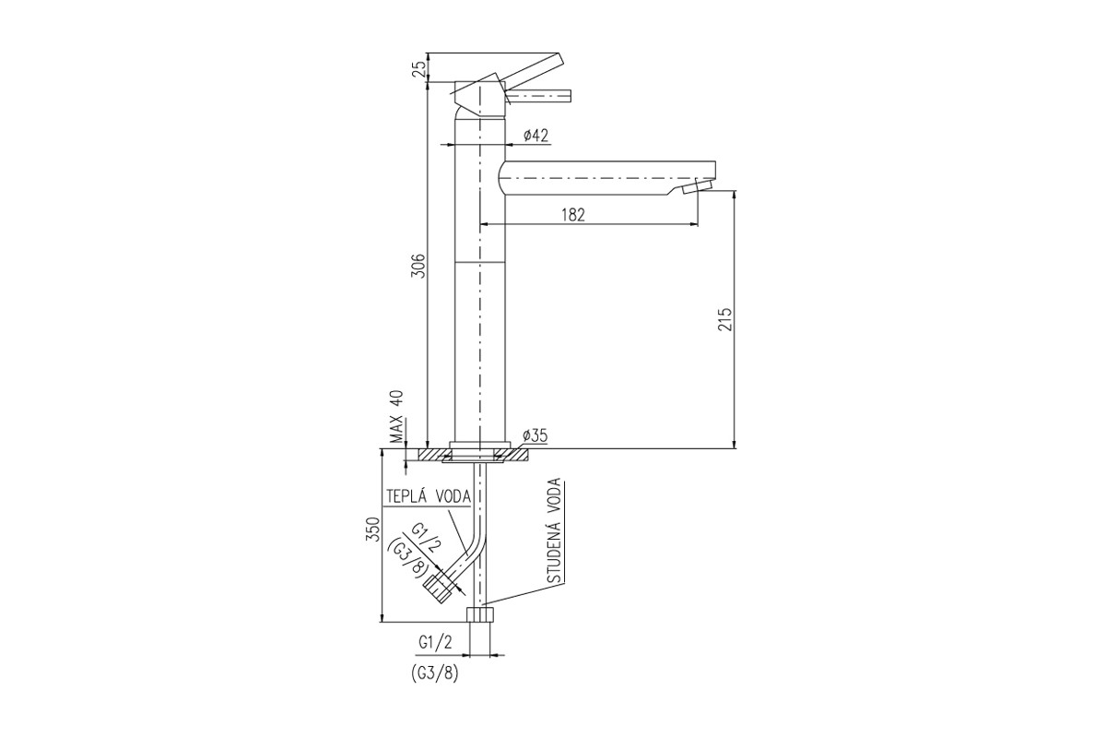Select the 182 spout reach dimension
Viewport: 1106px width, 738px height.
click(573, 215)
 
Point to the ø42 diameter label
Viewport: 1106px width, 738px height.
click(535, 136)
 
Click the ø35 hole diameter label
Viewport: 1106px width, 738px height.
click(535, 435)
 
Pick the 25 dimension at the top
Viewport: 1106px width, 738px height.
click(418, 70)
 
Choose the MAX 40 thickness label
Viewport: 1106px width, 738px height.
click(396, 416)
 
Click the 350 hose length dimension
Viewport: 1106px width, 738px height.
click(373, 530)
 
